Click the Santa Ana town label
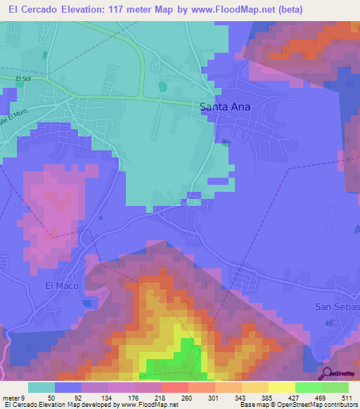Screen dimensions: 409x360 click(225, 108)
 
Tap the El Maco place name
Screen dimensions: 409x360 click(59, 285)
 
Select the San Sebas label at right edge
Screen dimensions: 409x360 click(337, 307)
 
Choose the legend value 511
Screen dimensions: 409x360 click(345, 397)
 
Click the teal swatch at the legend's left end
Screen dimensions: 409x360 click(41, 387)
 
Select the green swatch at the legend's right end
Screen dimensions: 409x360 click(335, 387)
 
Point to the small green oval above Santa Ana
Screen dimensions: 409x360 click(163, 86)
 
